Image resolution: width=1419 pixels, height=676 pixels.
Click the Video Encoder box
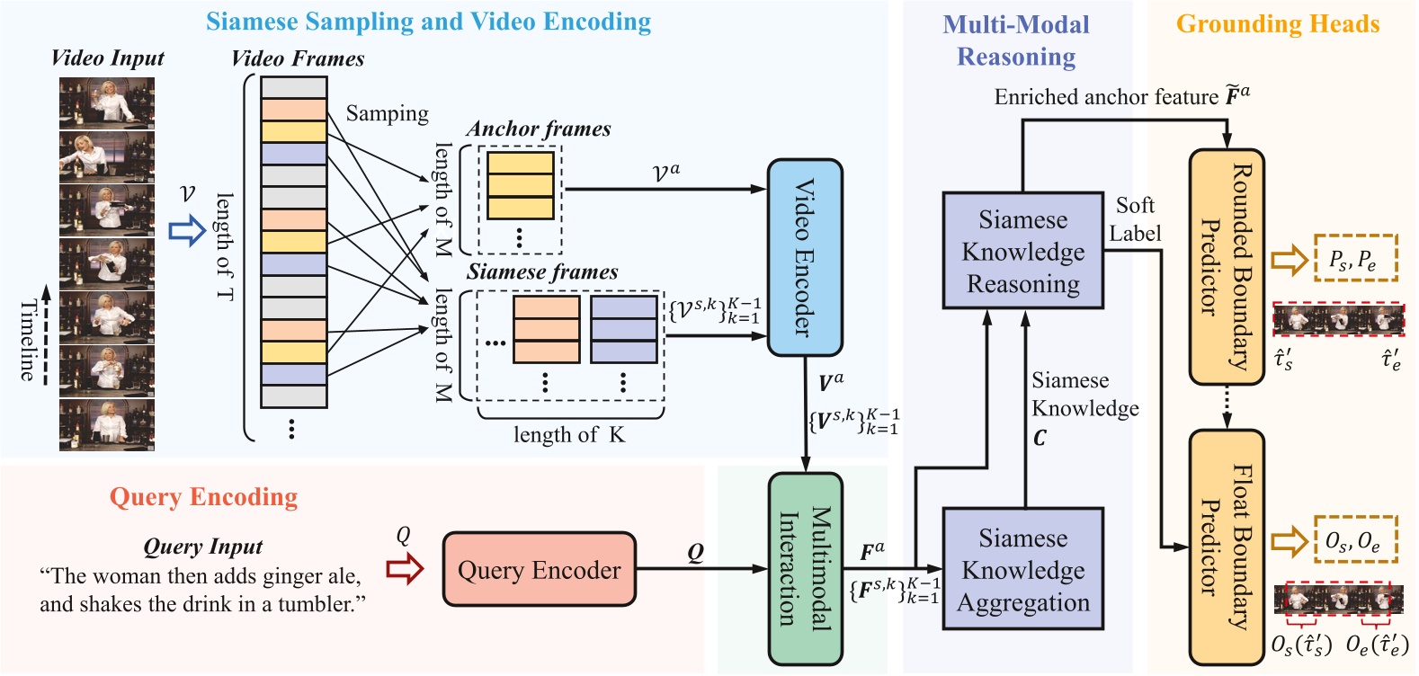[805, 258]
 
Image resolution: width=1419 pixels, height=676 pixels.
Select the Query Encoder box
[539, 570]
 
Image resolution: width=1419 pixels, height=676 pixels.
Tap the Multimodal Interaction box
[805, 568]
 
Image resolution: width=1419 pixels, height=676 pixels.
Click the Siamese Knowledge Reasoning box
[1022, 251]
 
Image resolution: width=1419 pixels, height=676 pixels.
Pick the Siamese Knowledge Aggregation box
[1022, 569]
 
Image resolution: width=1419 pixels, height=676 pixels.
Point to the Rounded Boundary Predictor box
[1227, 267]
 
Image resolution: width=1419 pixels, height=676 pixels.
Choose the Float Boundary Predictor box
[1227, 547]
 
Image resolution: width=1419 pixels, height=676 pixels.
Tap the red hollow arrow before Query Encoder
[405, 569]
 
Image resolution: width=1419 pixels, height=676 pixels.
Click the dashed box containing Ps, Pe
[1355, 258]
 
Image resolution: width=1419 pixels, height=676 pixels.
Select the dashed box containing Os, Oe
[1355, 539]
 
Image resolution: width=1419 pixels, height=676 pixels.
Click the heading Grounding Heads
[1277, 24]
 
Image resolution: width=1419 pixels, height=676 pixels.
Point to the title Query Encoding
[203, 497]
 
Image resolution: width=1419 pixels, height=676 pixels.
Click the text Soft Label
[1135, 219]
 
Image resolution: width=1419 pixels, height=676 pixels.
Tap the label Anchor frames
[538, 129]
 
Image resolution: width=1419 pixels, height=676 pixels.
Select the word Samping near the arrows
[387, 114]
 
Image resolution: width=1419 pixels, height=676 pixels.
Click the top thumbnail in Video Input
[107, 102]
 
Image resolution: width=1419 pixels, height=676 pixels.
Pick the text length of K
[568, 435]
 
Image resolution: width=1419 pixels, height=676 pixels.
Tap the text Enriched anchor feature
[1106, 97]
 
